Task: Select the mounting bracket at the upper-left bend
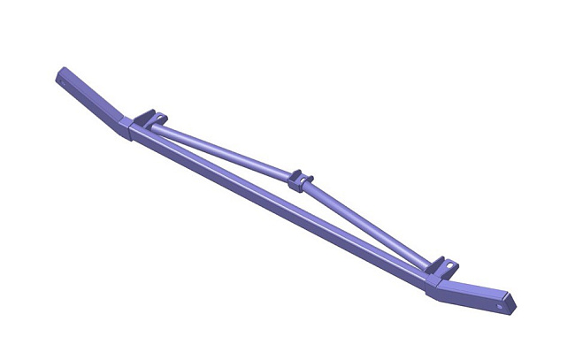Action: pyautogui.click(x=150, y=118)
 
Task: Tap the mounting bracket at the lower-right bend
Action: pyautogui.click(x=441, y=266)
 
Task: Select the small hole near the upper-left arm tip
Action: pyautogui.click(x=64, y=73)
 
